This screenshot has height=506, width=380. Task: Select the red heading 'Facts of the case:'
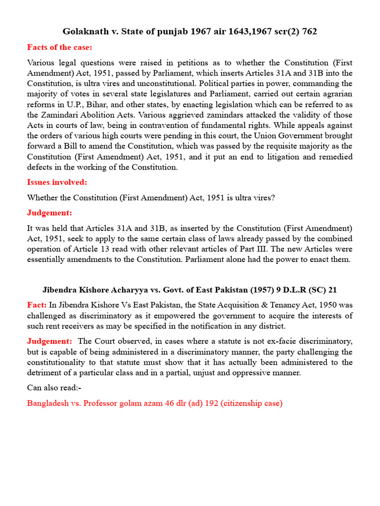59,47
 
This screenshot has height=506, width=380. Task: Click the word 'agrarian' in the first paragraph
337,94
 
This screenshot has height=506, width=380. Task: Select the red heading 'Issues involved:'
57,182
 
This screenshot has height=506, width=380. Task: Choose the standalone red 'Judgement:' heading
49,213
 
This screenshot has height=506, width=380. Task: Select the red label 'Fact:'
37,305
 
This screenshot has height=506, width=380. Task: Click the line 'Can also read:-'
54,388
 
